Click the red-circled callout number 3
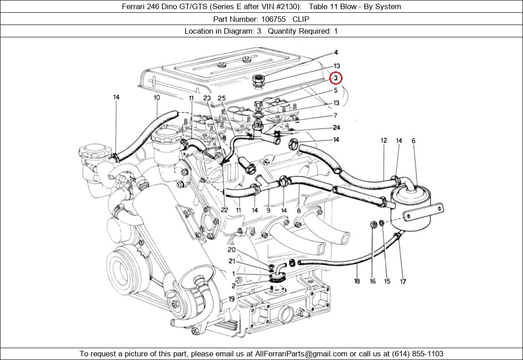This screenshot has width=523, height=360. click(x=336, y=78)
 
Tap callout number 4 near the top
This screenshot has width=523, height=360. click(x=336, y=53)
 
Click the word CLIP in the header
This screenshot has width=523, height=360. click(x=301, y=19)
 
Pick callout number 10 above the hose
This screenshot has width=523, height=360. click(x=157, y=97)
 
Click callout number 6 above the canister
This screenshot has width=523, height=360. click(x=413, y=141)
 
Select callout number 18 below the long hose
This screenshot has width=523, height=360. click(x=357, y=281)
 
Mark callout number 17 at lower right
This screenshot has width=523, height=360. click(x=403, y=281)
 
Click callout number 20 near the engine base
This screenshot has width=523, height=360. click(x=231, y=250)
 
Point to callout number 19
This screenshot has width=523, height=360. click(x=231, y=299)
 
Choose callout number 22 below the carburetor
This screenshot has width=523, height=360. click(x=224, y=210)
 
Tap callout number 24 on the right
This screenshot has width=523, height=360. click(x=336, y=128)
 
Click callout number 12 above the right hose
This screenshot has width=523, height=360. click(x=384, y=141)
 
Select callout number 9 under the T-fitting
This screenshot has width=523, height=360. click(x=268, y=210)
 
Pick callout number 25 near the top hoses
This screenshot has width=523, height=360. click(x=221, y=98)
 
